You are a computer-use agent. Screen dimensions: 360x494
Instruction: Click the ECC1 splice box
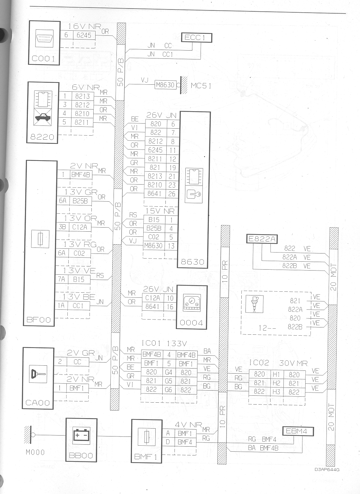(x=196, y=38)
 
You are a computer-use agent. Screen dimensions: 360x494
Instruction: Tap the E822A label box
(x=262, y=239)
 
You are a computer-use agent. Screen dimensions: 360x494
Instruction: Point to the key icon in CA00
(x=38, y=374)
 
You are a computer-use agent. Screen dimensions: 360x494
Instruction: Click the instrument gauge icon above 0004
(x=192, y=303)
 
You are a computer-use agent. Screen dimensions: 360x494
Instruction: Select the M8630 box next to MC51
(x=165, y=85)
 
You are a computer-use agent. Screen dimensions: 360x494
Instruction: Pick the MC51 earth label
(x=201, y=86)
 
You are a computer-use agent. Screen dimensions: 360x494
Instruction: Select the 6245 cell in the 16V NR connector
(x=84, y=35)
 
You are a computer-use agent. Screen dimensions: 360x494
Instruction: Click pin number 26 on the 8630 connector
(x=172, y=194)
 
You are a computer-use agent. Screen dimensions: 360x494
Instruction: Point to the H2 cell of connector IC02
(x=276, y=383)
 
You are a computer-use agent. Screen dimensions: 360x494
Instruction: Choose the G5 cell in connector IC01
(x=169, y=381)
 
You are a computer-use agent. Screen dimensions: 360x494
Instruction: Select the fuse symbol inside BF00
(x=40, y=239)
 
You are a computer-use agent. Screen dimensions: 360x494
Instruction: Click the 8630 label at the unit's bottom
(x=192, y=262)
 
